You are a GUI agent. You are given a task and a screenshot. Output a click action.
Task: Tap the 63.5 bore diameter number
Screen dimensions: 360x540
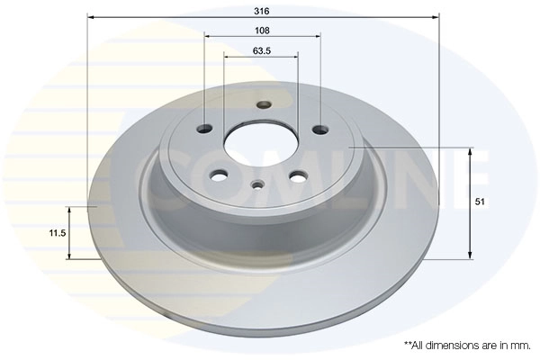(262, 50)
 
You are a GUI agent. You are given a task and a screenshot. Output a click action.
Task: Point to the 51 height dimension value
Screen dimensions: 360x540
(480, 203)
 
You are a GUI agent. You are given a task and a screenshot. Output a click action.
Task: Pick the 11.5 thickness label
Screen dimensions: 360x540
(58, 232)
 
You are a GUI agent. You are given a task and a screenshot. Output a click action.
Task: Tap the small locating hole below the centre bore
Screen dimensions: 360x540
(258, 185)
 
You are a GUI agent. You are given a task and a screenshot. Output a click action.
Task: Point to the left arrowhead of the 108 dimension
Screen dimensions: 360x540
(208, 36)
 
